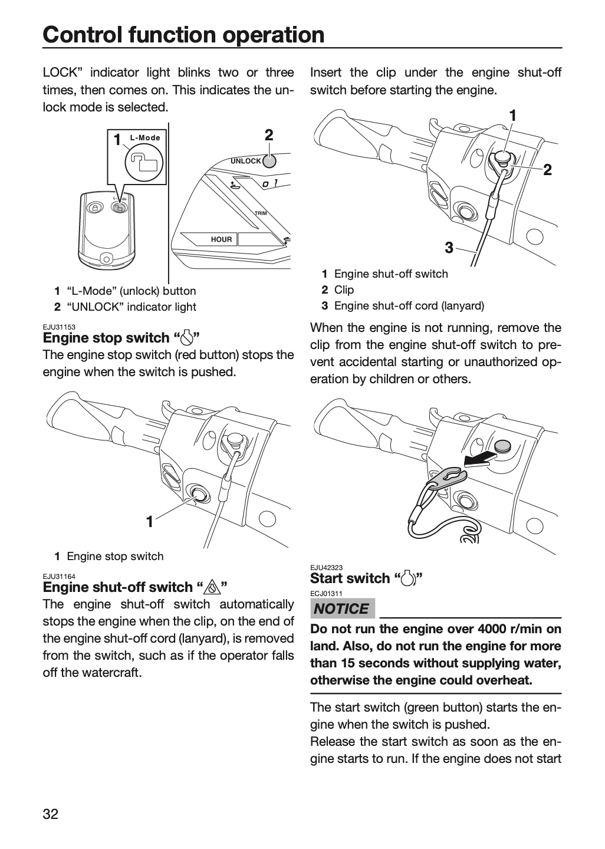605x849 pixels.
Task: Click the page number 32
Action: [51, 814]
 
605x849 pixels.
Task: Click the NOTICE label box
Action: [342, 608]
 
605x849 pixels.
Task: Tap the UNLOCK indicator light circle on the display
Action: [269, 161]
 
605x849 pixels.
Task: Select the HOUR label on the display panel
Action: [221, 239]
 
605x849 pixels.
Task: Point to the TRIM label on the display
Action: [261, 213]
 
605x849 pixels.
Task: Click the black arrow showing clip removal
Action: [478, 459]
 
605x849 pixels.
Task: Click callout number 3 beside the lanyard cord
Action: [449, 248]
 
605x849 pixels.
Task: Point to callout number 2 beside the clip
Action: [547, 170]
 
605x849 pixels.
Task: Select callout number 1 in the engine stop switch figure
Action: [150, 522]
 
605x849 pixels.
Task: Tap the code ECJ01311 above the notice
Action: [326, 594]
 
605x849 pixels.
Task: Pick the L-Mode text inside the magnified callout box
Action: [145, 138]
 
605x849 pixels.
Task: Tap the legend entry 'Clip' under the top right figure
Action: [344, 290]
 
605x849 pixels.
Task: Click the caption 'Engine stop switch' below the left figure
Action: [115, 557]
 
